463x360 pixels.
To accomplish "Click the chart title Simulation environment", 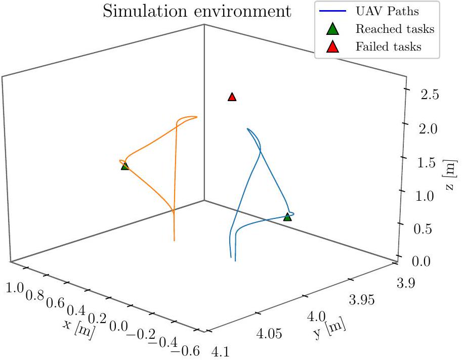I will [197, 12].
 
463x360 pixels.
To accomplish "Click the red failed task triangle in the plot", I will [232, 97].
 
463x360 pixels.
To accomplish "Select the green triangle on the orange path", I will [125, 166].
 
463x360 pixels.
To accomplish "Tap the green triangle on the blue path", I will [287, 217].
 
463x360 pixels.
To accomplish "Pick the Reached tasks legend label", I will [395, 29].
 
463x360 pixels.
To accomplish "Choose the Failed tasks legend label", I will [388, 47].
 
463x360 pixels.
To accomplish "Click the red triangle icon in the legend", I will [332, 47].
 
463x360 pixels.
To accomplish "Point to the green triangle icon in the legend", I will [332, 29].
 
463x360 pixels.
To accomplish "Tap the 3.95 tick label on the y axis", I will [363, 301].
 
